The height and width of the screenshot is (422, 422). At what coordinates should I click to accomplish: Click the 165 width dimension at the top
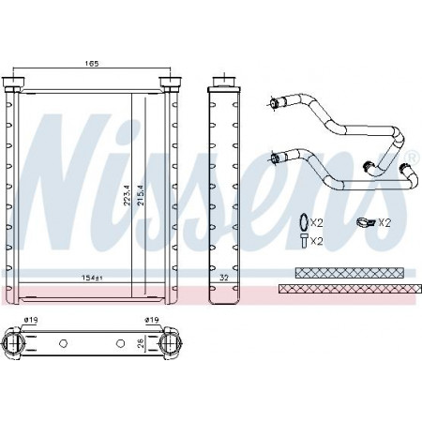(92, 64)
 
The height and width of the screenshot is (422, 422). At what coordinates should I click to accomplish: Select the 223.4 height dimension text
(127, 195)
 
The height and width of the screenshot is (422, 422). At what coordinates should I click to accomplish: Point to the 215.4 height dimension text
(141, 195)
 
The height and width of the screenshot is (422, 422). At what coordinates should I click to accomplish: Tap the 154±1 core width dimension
(92, 278)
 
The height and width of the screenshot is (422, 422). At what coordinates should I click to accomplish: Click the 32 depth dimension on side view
(224, 278)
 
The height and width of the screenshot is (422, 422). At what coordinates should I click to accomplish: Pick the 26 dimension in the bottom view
(141, 343)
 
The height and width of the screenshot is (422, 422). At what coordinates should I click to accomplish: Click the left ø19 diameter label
(31, 320)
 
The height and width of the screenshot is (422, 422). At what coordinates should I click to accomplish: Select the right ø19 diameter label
(152, 320)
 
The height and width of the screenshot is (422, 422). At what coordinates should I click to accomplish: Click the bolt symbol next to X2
(304, 241)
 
